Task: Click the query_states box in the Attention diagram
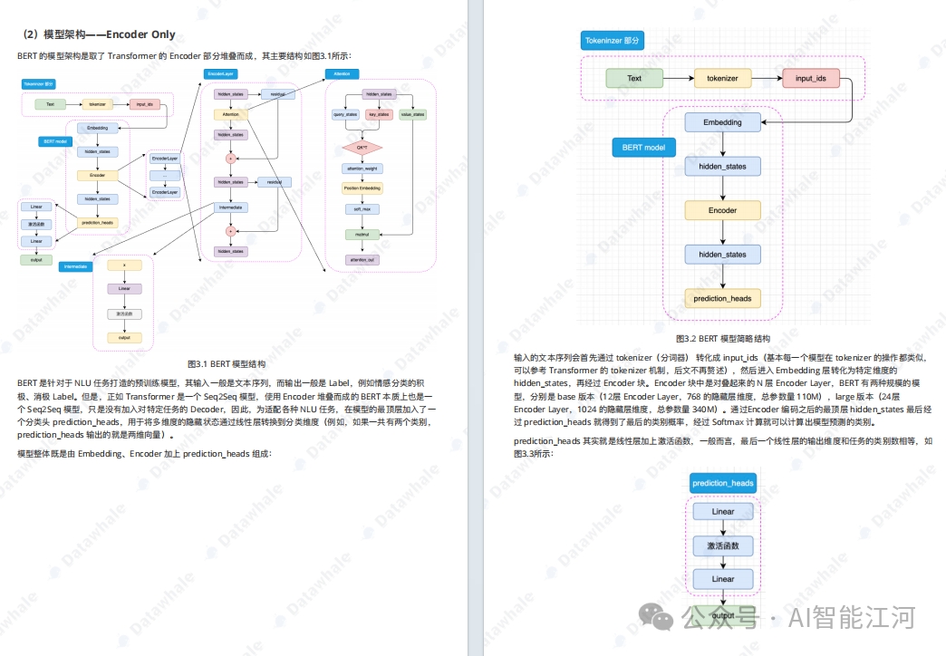tap(345, 115)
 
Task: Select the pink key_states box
tap(379, 115)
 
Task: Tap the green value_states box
tap(412, 115)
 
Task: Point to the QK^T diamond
tap(362, 147)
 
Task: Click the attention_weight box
tap(362, 168)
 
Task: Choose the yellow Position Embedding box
tap(362, 188)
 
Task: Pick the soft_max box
tap(362, 209)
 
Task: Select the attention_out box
tap(362, 259)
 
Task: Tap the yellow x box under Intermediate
tap(124, 265)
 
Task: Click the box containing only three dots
tap(165, 176)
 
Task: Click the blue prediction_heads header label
tap(722, 483)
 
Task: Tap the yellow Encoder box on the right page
tap(722, 210)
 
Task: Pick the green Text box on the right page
tap(634, 78)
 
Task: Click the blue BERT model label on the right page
tap(643, 147)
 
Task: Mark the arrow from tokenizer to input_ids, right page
tap(767, 78)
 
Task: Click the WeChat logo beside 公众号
tap(656, 618)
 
